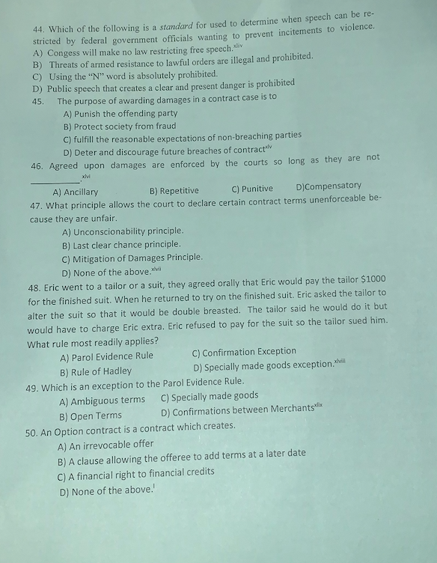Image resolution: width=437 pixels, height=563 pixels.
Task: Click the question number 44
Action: pos(39,29)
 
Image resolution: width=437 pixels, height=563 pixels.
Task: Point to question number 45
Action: pos(38,102)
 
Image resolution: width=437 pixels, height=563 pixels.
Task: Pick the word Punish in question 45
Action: pos(94,114)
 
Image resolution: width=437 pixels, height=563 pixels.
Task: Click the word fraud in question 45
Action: pos(165,126)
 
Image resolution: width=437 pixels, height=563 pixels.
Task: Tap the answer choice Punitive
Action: pos(257,189)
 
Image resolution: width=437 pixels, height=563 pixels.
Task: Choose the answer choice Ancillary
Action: pos(80,192)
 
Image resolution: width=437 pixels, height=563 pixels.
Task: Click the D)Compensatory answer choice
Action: pos(328,186)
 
